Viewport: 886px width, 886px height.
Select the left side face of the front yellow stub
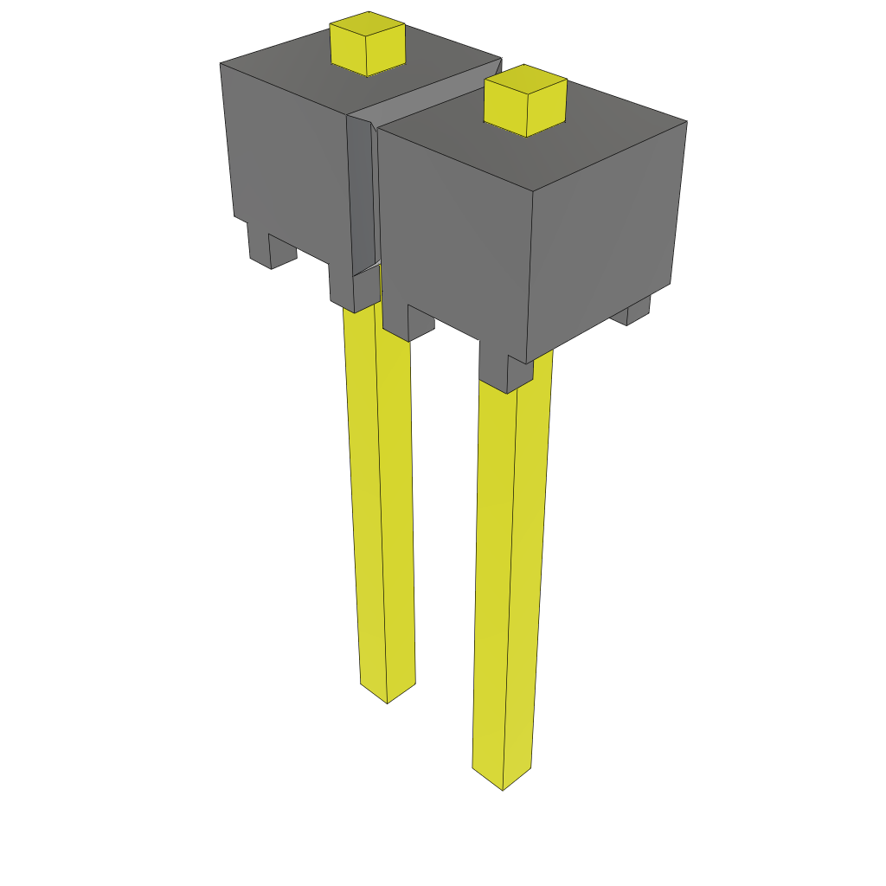coord(505,110)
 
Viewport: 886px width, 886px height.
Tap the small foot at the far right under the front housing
coord(639,311)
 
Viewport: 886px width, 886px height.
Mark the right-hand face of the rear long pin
coord(395,510)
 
